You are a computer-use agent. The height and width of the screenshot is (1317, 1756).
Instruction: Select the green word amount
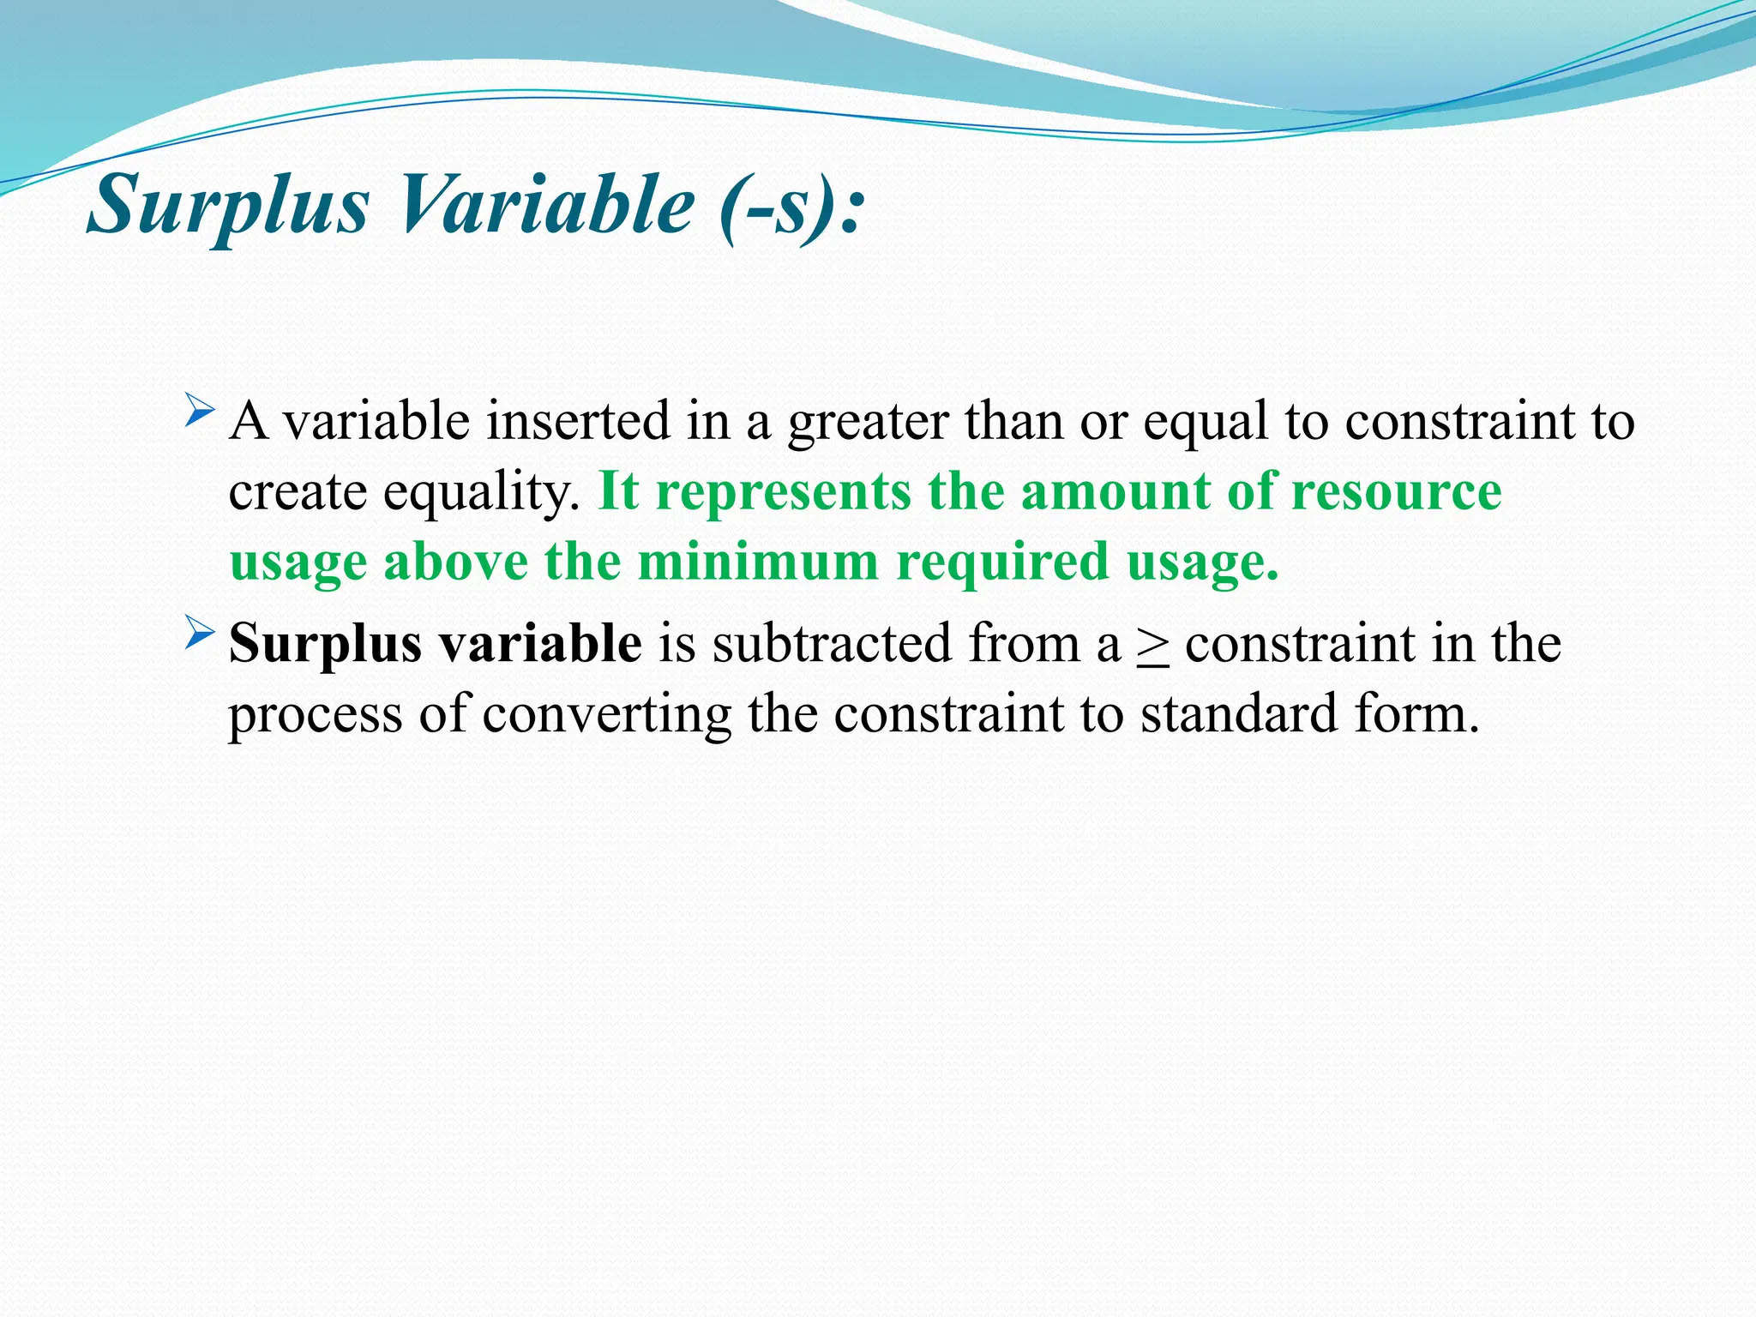(x=1115, y=492)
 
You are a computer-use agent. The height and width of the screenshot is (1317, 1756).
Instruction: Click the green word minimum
(x=758, y=562)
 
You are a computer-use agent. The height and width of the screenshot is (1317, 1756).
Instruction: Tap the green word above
(x=455, y=562)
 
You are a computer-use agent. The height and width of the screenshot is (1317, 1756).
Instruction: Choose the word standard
(x=1239, y=713)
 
